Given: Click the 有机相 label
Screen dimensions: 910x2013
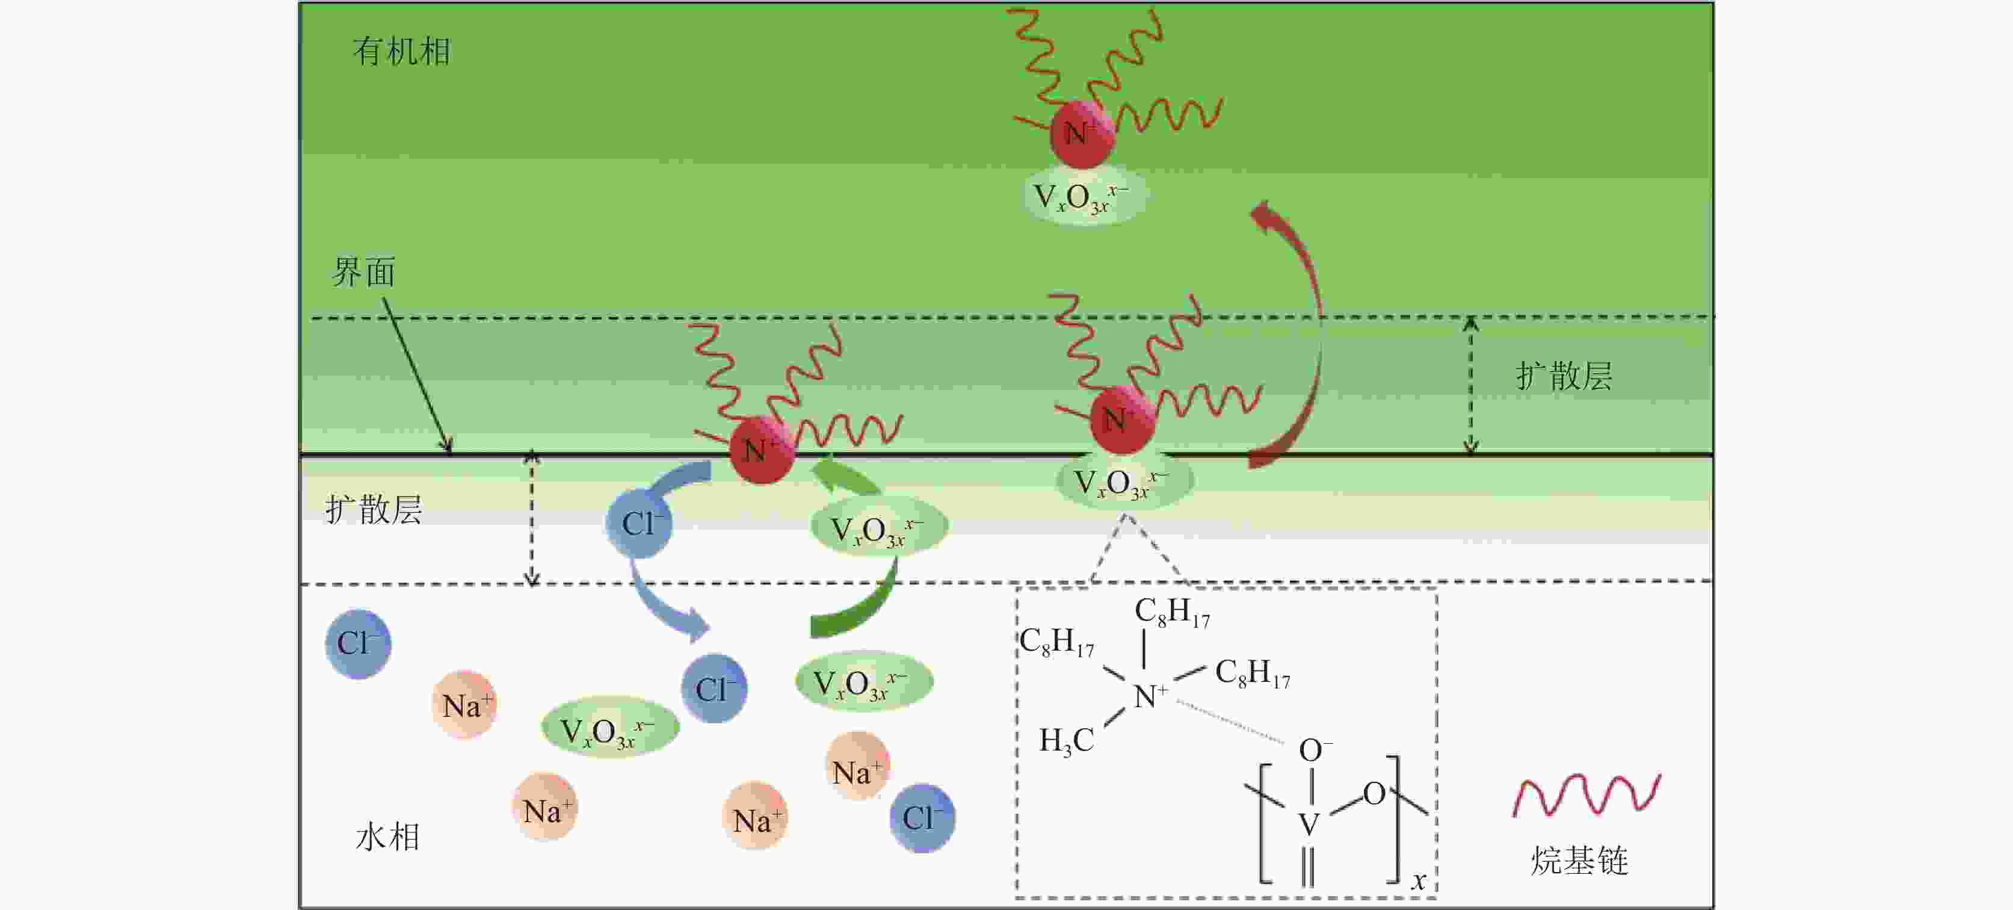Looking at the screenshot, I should tap(402, 52).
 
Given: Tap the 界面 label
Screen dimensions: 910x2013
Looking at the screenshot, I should tap(363, 272).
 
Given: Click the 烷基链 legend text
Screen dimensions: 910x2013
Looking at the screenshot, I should tap(1579, 860).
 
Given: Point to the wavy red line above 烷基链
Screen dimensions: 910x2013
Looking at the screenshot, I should tap(1586, 796).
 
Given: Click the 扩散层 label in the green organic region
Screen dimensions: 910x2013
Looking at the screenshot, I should tap(1564, 376).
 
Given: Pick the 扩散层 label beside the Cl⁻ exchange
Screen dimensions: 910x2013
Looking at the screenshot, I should tap(374, 510).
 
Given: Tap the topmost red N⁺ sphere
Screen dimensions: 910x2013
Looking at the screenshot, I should tap(1082, 134).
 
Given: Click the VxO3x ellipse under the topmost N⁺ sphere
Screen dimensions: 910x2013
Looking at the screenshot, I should tap(1085, 197).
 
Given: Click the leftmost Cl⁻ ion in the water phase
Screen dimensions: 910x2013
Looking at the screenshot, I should tap(358, 643).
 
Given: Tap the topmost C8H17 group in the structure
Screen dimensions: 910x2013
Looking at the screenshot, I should tap(1171, 611).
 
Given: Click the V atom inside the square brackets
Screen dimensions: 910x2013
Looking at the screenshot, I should tap(1309, 823).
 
